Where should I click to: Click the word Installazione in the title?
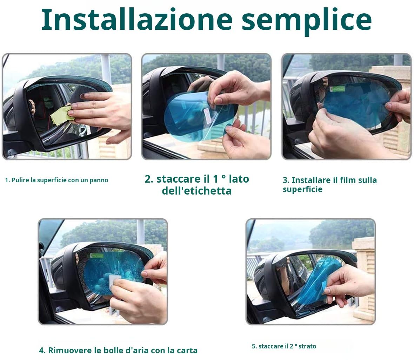(137, 20)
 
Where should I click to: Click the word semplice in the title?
(307, 21)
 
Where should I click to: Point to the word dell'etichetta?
(197, 191)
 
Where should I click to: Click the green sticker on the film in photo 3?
(337, 89)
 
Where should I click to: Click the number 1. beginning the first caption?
(7, 181)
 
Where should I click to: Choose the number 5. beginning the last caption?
(254, 346)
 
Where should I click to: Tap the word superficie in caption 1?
(52, 181)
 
